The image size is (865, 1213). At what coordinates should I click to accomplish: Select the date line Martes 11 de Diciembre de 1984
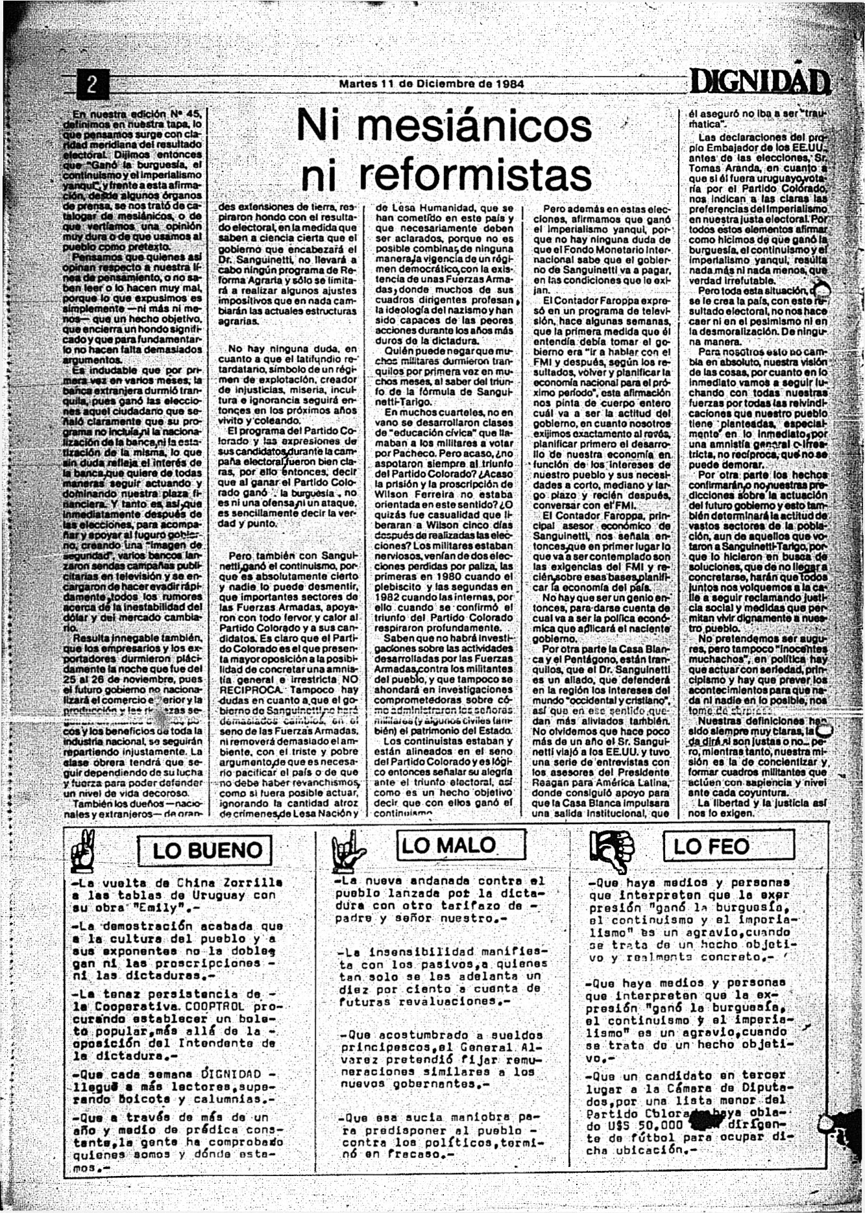tap(432, 84)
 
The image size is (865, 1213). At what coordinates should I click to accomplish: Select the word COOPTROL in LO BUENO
tap(215, 1007)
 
